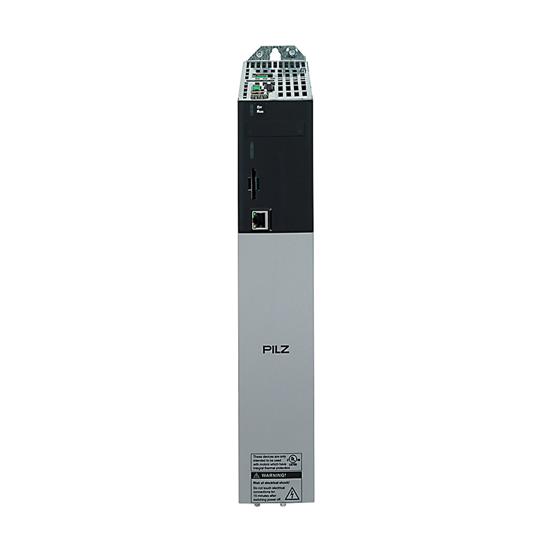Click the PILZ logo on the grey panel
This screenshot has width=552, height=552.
coord(276,350)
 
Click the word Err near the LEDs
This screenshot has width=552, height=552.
coord(260,107)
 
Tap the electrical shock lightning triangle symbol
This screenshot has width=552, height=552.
coord(292,493)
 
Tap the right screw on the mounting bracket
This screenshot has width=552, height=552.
coord(292,51)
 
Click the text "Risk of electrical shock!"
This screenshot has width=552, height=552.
coord(271,482)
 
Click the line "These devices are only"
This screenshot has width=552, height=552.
coord(268,456)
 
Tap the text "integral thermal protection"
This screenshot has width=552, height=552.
coord(271,468)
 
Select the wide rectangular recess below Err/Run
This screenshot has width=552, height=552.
coord(275,128)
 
